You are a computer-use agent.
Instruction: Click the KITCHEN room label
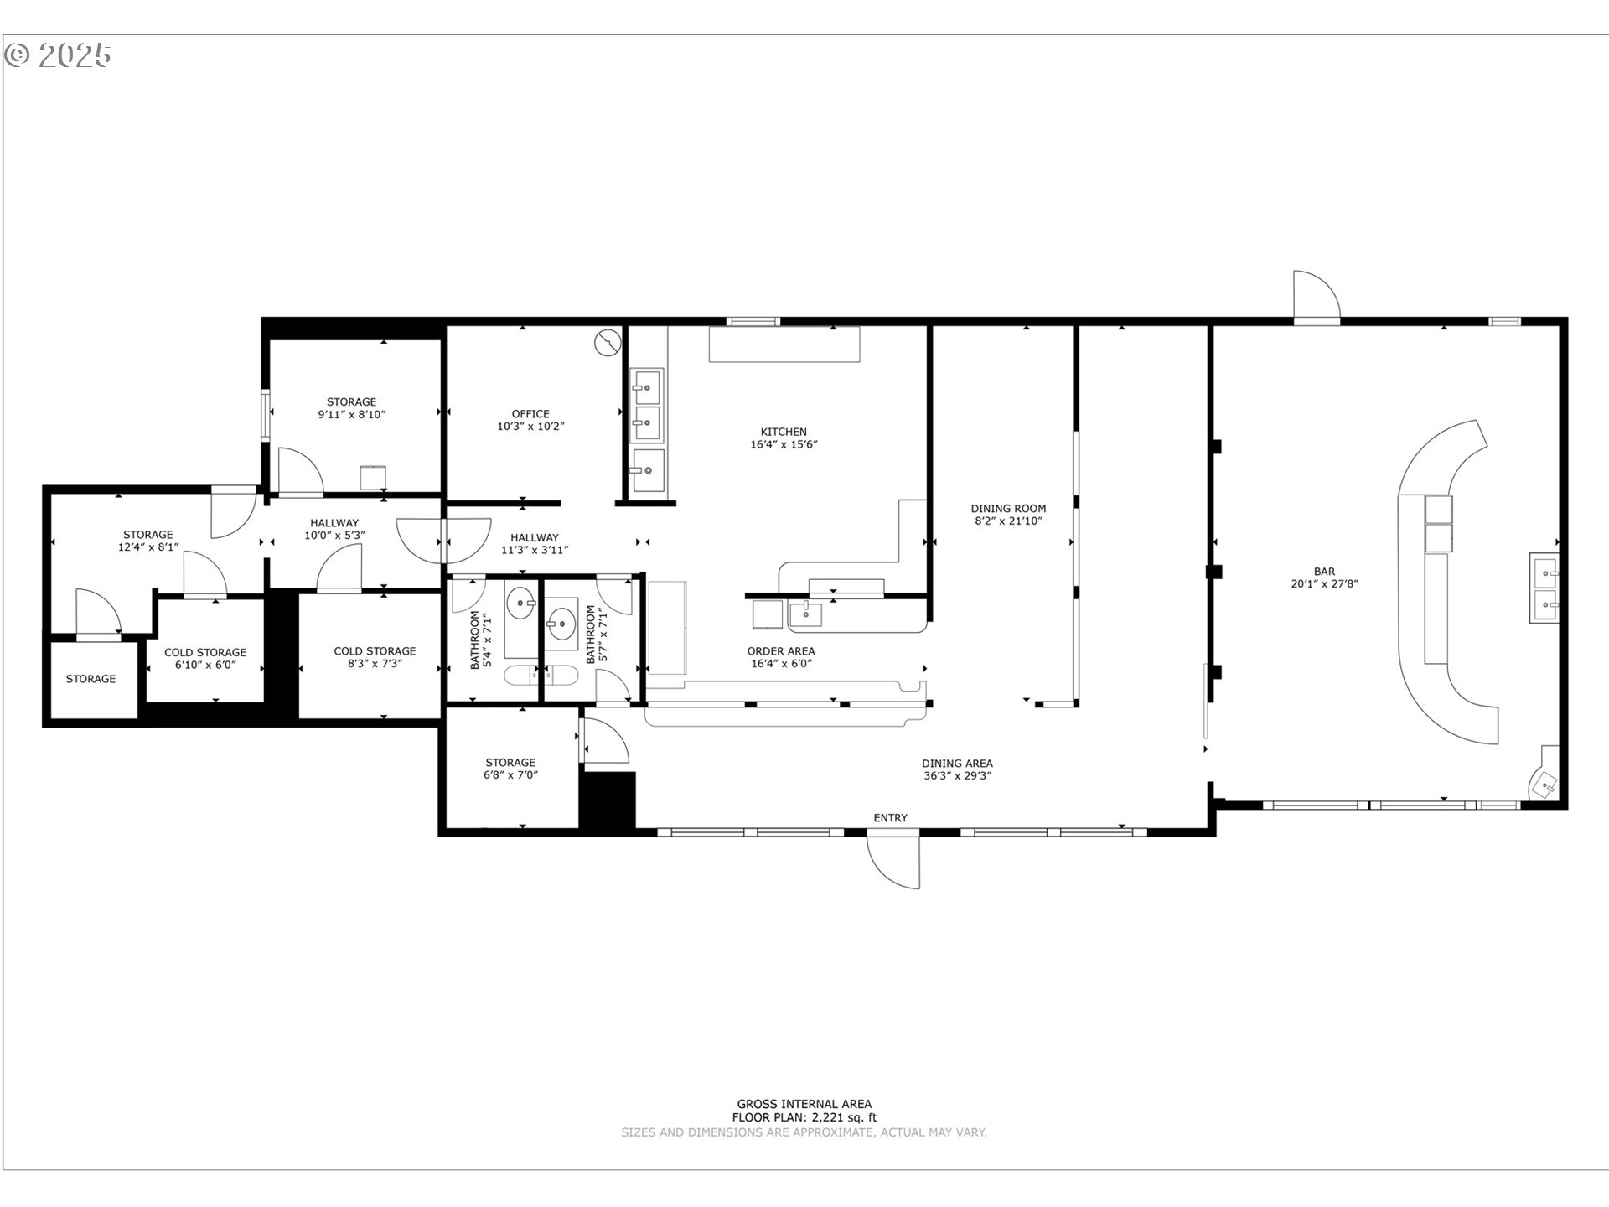click(784, 432)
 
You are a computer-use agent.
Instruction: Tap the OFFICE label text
click(530, 413)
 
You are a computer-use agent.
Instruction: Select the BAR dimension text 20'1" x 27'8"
click(1324, 584)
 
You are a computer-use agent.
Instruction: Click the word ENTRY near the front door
click(890, 818)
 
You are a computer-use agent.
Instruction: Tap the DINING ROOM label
click(1008, 509)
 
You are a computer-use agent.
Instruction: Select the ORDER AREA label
click(781, 651)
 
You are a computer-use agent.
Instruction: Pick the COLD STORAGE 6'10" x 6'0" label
click(205, 659)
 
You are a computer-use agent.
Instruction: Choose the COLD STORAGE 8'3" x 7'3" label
click(375, 657)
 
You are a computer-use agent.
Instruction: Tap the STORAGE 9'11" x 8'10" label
click(351, 408)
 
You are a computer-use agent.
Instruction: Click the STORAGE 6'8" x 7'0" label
click(510, 769)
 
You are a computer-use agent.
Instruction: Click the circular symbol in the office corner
click(608, 342)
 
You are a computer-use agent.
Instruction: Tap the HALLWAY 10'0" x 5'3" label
click(334, 529)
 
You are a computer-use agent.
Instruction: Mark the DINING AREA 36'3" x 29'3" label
click(957, 769)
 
